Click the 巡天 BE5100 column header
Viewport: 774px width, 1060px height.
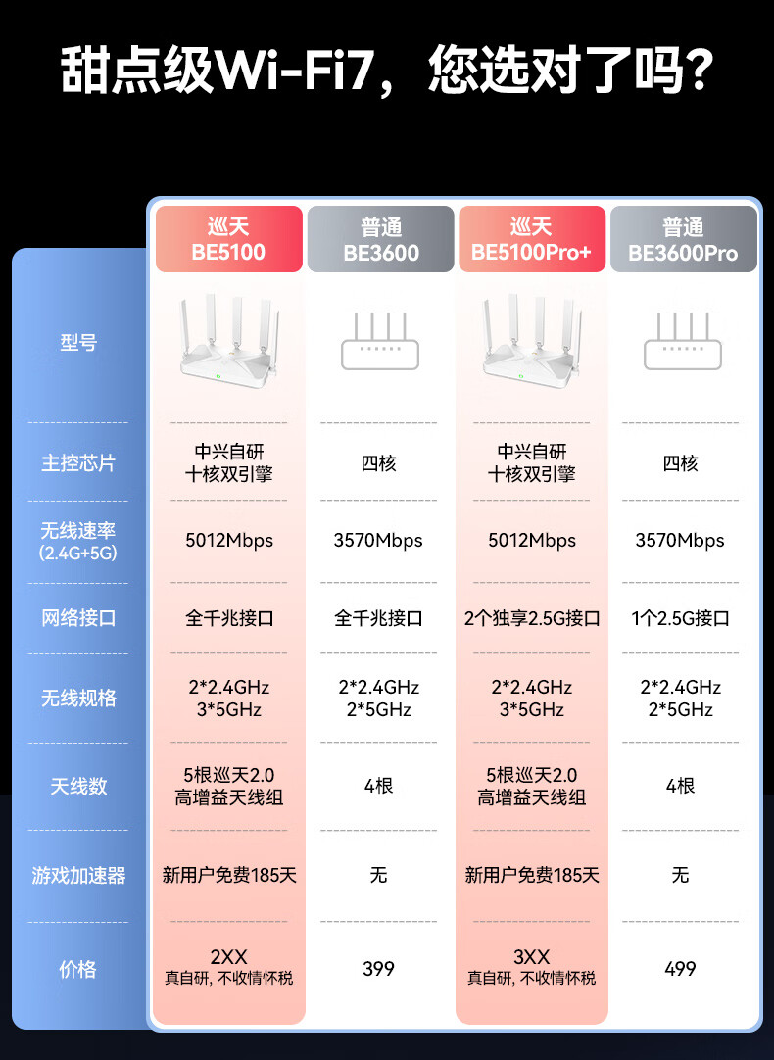[x=228, y=240]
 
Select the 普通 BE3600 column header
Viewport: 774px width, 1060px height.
[x=381, y=240]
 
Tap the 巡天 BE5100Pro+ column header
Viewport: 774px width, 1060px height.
[x=531, y=240]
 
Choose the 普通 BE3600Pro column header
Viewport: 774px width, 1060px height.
[x=683, y=240]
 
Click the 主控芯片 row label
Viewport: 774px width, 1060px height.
[x=78, y=463]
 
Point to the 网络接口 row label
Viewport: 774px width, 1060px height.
[x=78, y=618]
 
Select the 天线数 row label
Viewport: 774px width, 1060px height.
[x=78, y=786]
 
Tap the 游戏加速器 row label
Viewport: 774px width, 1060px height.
[x=78, y=876]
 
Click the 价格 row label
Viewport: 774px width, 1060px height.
[x=78, y=969]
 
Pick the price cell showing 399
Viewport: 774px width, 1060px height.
[x=378, y=969]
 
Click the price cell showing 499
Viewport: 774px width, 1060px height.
[x=680, y=969]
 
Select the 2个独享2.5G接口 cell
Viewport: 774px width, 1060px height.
[x=532, y=619]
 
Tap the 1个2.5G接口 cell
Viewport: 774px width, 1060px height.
[x=681, y=619]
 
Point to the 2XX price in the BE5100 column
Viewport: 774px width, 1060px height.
[x=228, y=957]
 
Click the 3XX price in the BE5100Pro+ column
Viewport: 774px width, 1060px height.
[x=531, y=957]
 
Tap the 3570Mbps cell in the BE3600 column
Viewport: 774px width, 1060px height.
[x=378, y=541]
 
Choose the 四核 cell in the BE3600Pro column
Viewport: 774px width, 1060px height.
[x=681, y=463]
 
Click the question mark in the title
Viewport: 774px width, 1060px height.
[x=695, y=70]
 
